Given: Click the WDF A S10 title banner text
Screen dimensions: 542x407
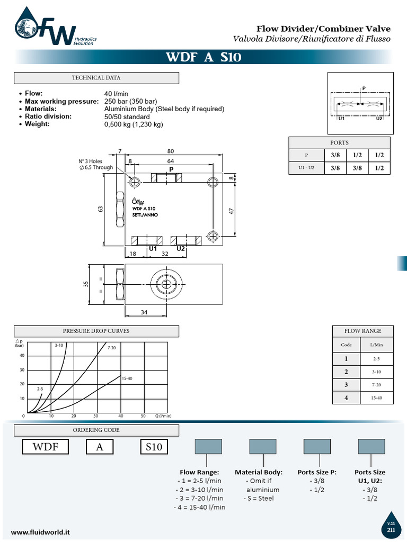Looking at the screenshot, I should (x=203, y=57).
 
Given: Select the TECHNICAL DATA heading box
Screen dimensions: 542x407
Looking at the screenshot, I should (x=96, y=78).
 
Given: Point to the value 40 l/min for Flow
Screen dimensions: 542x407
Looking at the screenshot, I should (x=117, y=94).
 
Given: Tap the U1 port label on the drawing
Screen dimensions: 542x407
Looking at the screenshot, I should (x=153, y=248).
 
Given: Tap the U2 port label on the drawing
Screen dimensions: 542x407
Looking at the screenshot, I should (x=181, y=248).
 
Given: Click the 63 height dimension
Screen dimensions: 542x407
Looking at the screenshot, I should (x=100, y=209).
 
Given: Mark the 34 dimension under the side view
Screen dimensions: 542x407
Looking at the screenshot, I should (x=144, y=312).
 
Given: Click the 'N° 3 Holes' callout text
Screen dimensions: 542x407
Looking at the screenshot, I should (x=90, y=161).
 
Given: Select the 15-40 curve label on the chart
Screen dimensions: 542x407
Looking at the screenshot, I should (x=127, y=378).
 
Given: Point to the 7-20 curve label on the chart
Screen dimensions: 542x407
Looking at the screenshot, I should (x=112, y=348).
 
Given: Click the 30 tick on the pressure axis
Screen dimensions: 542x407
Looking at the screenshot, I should (x=22, y=369).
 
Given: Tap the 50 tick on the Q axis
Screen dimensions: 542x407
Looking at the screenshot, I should (x=143, y=416).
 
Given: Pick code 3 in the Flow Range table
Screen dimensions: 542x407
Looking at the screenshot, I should (x=346, y=384).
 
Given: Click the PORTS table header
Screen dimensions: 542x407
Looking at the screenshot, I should (x=339, y=142).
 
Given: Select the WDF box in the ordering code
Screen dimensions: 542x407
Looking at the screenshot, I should (x=45, y=447).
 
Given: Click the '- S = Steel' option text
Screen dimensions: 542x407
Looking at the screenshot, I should (x=258, y=498).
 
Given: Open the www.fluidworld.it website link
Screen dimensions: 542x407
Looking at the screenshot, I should (x=40, y=531).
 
